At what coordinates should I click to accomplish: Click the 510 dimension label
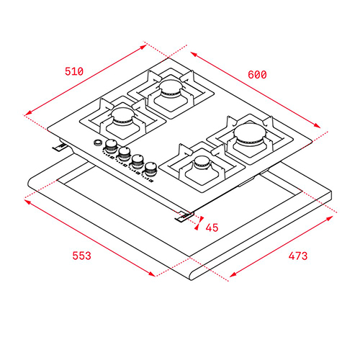tap(74, 71)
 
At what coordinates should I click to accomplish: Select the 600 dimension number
tap(257, 75)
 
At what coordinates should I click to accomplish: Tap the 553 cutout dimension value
tap(82, 256)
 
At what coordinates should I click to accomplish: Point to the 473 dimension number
tap(298, 256)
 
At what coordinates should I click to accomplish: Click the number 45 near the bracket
tap(212, 228)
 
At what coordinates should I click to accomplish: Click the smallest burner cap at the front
tap(202, 161)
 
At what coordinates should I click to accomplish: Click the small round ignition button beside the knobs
tap(98, 143)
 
